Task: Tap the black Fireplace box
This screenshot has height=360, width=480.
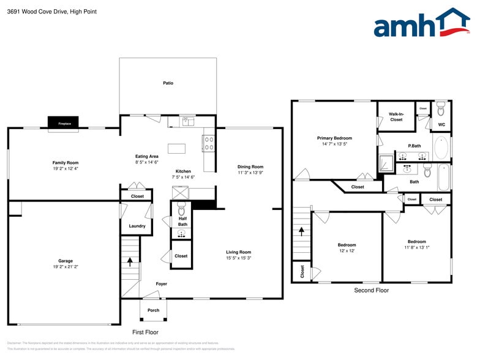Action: tap(65, 124)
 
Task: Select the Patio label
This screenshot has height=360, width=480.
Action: tap(168, 83)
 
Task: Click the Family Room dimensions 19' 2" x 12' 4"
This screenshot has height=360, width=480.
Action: tap(66, 168)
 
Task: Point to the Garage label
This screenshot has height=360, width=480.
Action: tap(66, 261)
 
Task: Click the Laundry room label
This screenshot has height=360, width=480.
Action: tap(137, 226)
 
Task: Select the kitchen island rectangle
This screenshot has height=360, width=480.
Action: tap(176, 148)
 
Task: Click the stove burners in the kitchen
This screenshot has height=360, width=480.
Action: tap(208, 143)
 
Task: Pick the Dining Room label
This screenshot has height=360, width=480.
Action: tap(250, 167)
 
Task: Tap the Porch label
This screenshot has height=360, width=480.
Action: tap(153, 310)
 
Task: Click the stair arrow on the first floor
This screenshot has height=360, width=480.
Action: tap(130, 261)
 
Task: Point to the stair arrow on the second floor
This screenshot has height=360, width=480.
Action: tap(301, 231)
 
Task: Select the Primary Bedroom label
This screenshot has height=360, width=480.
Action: tap(334, 138)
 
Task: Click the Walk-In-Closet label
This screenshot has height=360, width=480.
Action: tap(396, 116)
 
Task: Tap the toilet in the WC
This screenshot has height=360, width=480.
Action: tap(441, 111)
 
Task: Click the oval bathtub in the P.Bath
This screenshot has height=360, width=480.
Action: tap(441, 148)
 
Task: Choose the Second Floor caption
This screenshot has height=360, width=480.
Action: tap(371, 290)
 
